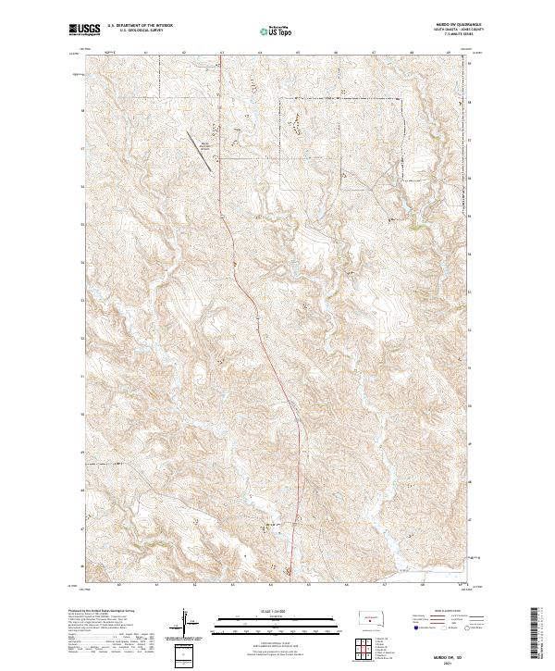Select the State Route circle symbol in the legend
tap(469, 628)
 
